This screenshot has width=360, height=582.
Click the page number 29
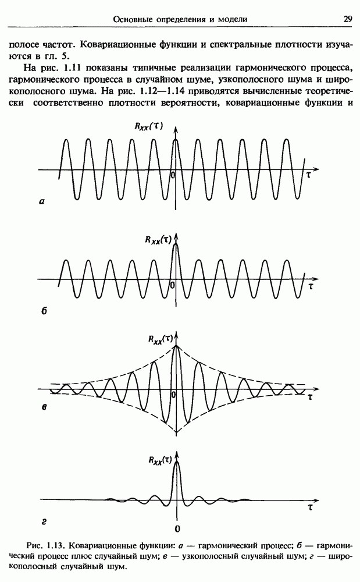[x=347, y=19]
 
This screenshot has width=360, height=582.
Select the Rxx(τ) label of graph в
[x=160, y=338]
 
